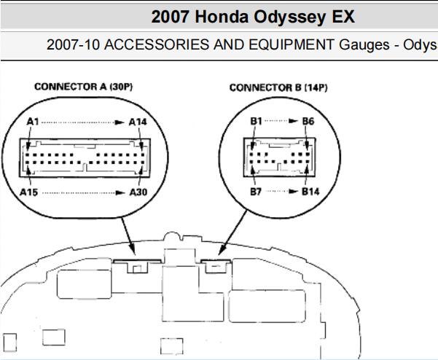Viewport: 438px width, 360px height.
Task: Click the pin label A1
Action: tap(33, 122)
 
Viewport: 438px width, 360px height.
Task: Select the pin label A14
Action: tap(138, 122)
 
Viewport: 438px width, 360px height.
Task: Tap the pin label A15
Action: tap(28, 192)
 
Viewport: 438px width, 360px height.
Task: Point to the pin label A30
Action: tap(138, 192)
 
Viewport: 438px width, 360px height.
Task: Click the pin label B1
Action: tap(256, 121)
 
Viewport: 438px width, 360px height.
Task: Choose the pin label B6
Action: tap(308, 121)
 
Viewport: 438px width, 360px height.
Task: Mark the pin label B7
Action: tap(256, 192)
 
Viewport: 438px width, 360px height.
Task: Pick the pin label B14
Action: tap(310, 192)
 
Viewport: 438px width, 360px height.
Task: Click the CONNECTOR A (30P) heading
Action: tap(84, 87)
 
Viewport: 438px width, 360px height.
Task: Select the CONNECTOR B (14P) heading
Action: tap(278, 87)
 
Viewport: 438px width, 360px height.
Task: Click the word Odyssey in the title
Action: tap(289, 17)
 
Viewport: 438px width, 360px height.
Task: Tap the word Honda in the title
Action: tap(222, 17)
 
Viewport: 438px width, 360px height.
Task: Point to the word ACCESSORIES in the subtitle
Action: tap(157, 44)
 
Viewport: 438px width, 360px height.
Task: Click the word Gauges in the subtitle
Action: tap(364, 45)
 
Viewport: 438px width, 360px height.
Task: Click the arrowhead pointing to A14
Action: tap(120, 122)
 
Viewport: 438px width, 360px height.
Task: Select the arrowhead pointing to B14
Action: tap(294, 192)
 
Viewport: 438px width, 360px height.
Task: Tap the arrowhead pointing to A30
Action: tap(120, 192)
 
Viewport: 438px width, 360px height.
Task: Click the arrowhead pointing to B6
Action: tap(294, 121)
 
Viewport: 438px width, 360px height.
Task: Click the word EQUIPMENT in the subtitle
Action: tap(292, 44)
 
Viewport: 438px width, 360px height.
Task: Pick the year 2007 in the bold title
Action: tap(170, 17)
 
